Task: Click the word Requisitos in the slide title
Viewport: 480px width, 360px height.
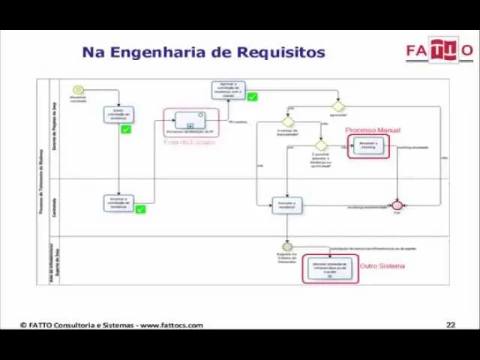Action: click(281, 52)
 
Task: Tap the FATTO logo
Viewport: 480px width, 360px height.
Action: click(439, 50)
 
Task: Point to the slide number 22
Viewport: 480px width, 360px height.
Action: click(450, 325)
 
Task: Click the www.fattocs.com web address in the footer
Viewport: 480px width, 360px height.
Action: click(171, 325)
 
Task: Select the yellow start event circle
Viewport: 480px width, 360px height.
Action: click(78, 90)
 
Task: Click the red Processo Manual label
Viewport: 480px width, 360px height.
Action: click(373, 130)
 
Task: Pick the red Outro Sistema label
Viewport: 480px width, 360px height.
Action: click(382, 266)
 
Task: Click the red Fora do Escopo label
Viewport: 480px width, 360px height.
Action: click(189, 142)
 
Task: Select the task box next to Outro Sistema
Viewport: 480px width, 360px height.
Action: click(331, 268)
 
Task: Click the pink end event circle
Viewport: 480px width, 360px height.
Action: click(397, 205)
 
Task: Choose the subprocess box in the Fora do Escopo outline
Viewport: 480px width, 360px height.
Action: click(190, 120)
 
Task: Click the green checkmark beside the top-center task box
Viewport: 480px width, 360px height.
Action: click(252, 97)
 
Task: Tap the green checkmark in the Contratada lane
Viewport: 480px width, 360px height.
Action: click(139, 209)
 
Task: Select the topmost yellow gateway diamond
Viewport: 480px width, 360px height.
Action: click(338, 106)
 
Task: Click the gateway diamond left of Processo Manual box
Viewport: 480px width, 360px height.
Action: click(321, 145)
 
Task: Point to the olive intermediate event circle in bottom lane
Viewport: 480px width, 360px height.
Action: click(286, 246)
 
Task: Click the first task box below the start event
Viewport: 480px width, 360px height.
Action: click(118, 114)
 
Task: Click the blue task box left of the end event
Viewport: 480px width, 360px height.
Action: click(286, 205)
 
